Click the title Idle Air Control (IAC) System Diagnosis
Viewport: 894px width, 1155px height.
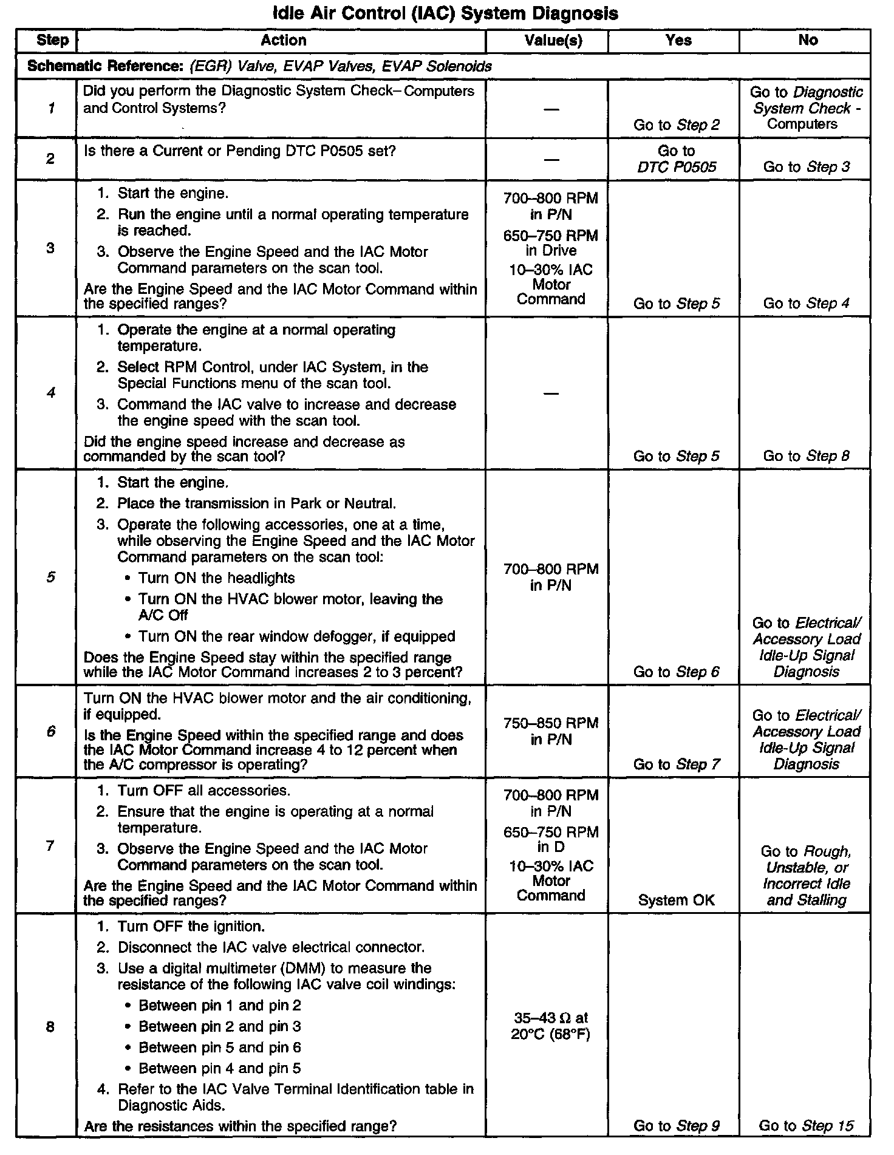click(x=446, y=13)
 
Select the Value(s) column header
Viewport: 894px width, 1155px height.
click(x=553, y=41)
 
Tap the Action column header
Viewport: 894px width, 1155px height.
click(x=283, y=41)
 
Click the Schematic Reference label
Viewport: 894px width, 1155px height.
click(x=105, y=66)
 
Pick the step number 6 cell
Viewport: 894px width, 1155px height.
click(x=51, y=731)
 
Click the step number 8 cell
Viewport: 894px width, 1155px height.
click(x=51, y=1026)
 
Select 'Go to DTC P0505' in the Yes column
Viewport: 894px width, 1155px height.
click(x=677, y=158)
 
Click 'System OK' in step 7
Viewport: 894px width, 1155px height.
click(x=677, y=900)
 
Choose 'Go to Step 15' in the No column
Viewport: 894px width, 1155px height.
click(x=806, y=1125)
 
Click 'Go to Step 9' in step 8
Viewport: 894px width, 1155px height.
click(x=677, y=1125)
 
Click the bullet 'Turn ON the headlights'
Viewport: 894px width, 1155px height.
click(x=216, y=577)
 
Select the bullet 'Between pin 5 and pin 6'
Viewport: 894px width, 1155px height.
click(x=220, y=1047)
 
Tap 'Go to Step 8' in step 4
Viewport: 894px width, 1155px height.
click(x=806, y=455)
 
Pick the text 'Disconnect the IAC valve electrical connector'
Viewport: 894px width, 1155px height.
click(x=271, y=947)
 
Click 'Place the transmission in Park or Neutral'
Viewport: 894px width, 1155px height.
click(x=256, y=503)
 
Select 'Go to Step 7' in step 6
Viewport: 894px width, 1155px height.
click(x=677, y=764)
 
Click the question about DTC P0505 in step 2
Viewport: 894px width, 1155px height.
click(x=239, y=150)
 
